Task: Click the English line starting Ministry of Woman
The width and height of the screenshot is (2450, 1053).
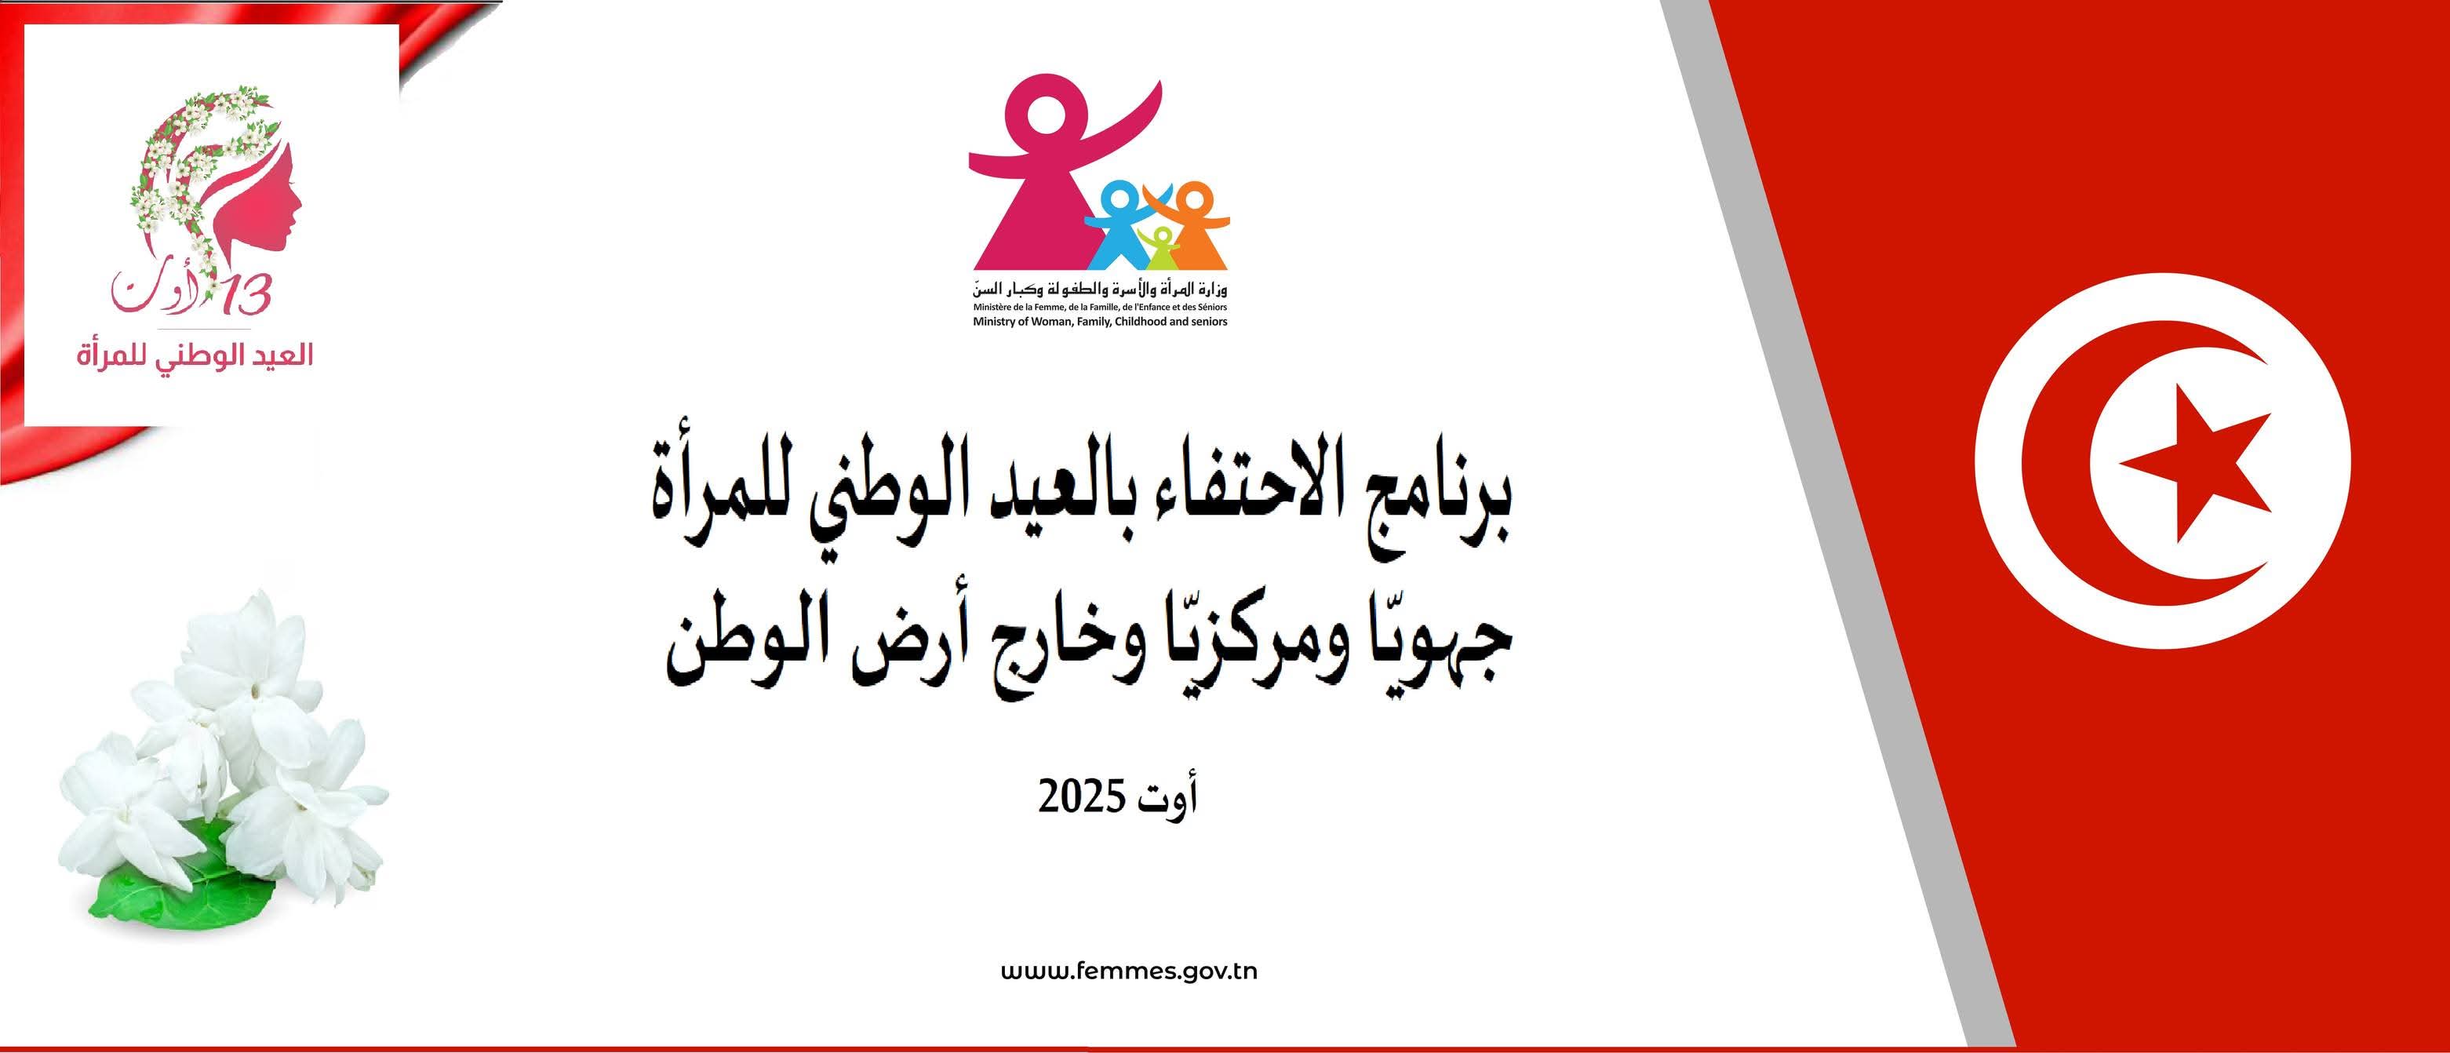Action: click(x=1099, y=322)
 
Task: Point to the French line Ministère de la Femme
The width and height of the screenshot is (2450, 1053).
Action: click(x=1099, y=308)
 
